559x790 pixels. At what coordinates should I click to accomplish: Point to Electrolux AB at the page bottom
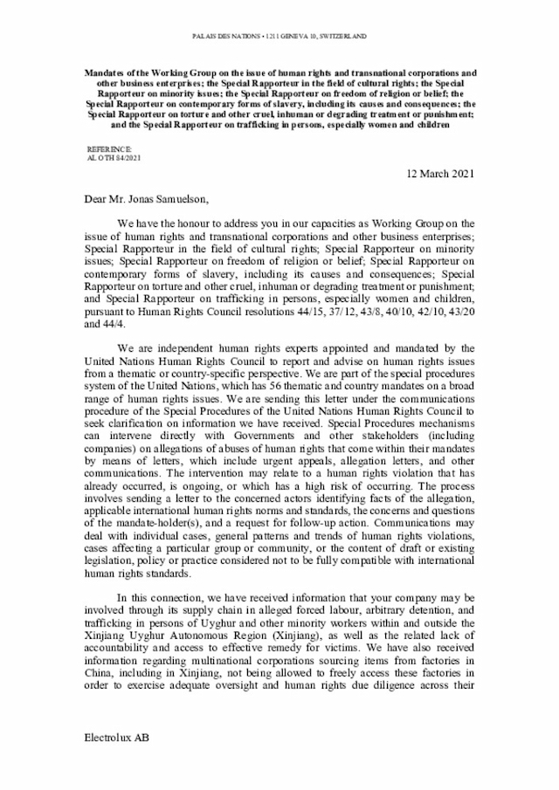(x=116, y=763)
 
